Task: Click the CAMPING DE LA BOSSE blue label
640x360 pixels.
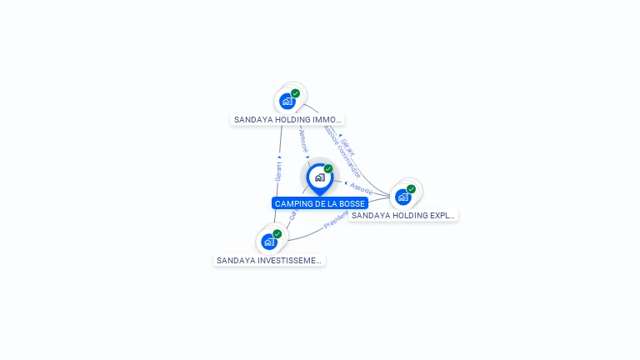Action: [x=320, y=203]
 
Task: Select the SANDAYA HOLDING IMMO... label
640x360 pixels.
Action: [x=287, y=119]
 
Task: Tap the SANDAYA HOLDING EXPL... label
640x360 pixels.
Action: [x=403, y=215]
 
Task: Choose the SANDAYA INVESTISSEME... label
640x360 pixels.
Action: [x=268, y=260]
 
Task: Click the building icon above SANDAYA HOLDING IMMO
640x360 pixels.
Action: [x=287, y=102]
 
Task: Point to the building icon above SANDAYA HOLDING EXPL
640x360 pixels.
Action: [x=403, y=197]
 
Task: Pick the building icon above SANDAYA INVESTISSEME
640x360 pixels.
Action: [x=268, y=242]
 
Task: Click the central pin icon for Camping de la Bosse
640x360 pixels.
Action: [x=319, y=177]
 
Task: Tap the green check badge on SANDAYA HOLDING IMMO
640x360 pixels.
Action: [x=295, y=93]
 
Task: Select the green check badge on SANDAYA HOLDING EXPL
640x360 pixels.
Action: [x=411, y=189]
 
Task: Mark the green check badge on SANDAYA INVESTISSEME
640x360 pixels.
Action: [x=277, y=234]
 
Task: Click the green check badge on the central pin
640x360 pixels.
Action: [x=328, y=169]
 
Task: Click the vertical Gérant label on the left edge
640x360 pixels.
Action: [x=278, y=172]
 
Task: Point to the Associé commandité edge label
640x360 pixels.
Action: [x=342, y=152]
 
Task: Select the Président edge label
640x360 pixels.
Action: [x=336, y=220]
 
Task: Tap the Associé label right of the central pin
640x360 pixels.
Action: [x=362, y=189]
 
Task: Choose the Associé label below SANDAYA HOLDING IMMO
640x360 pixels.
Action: [x=302, y=140]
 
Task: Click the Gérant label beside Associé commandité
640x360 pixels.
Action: [x=348, y=147]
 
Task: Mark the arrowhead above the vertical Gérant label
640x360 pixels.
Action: [x=279, y=157]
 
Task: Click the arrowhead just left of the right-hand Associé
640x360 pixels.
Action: [x=345, y=182]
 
